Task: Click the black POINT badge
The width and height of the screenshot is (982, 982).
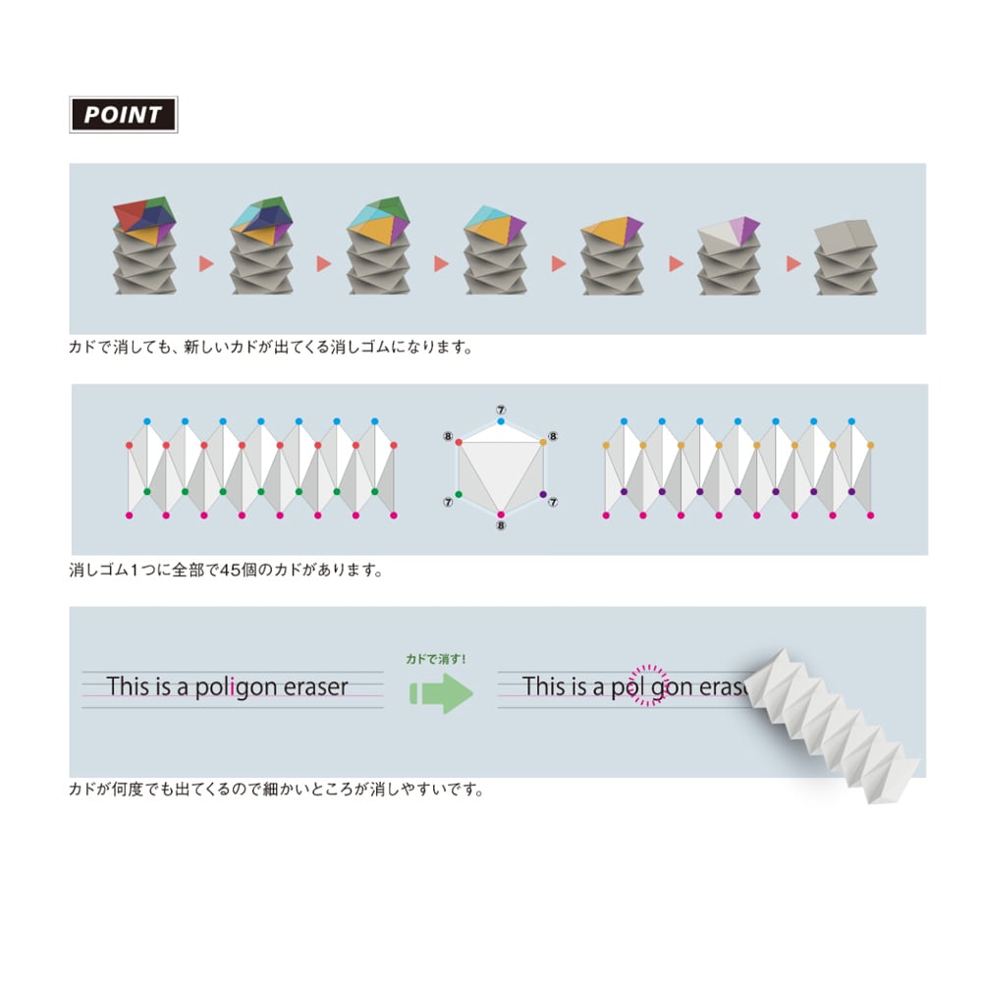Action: [x=124, y=115]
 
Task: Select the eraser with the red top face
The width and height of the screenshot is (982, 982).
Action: [x=144, y=245]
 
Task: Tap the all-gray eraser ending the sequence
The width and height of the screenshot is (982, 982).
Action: [x=846, y=256]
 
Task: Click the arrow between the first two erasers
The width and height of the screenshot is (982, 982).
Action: [x=206, y=263]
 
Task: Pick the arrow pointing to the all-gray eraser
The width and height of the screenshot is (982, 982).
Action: [x=793, y=263]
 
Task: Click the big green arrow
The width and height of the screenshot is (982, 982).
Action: [x=441, y=693]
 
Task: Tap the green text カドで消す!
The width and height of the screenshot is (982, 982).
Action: [x=436, y=659]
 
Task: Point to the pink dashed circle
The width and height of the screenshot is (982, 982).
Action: [x=648, y=685]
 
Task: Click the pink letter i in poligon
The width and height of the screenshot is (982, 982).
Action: [x=232, y=686]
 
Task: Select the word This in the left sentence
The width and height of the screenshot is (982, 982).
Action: [x=129, y=686]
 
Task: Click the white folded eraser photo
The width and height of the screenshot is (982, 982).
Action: [x=830, y=727]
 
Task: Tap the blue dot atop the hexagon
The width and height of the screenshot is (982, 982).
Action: [x=501, y=421]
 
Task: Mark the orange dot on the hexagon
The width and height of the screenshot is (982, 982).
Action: [x=543, y=442]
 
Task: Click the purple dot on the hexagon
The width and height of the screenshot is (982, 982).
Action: [x=543, y=494]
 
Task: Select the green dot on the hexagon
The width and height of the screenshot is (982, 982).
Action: [x=459, y=494]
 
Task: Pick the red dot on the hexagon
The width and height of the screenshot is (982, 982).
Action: [x=459, y=442]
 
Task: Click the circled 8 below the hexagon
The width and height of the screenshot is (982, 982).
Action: [x=501, y=525]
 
